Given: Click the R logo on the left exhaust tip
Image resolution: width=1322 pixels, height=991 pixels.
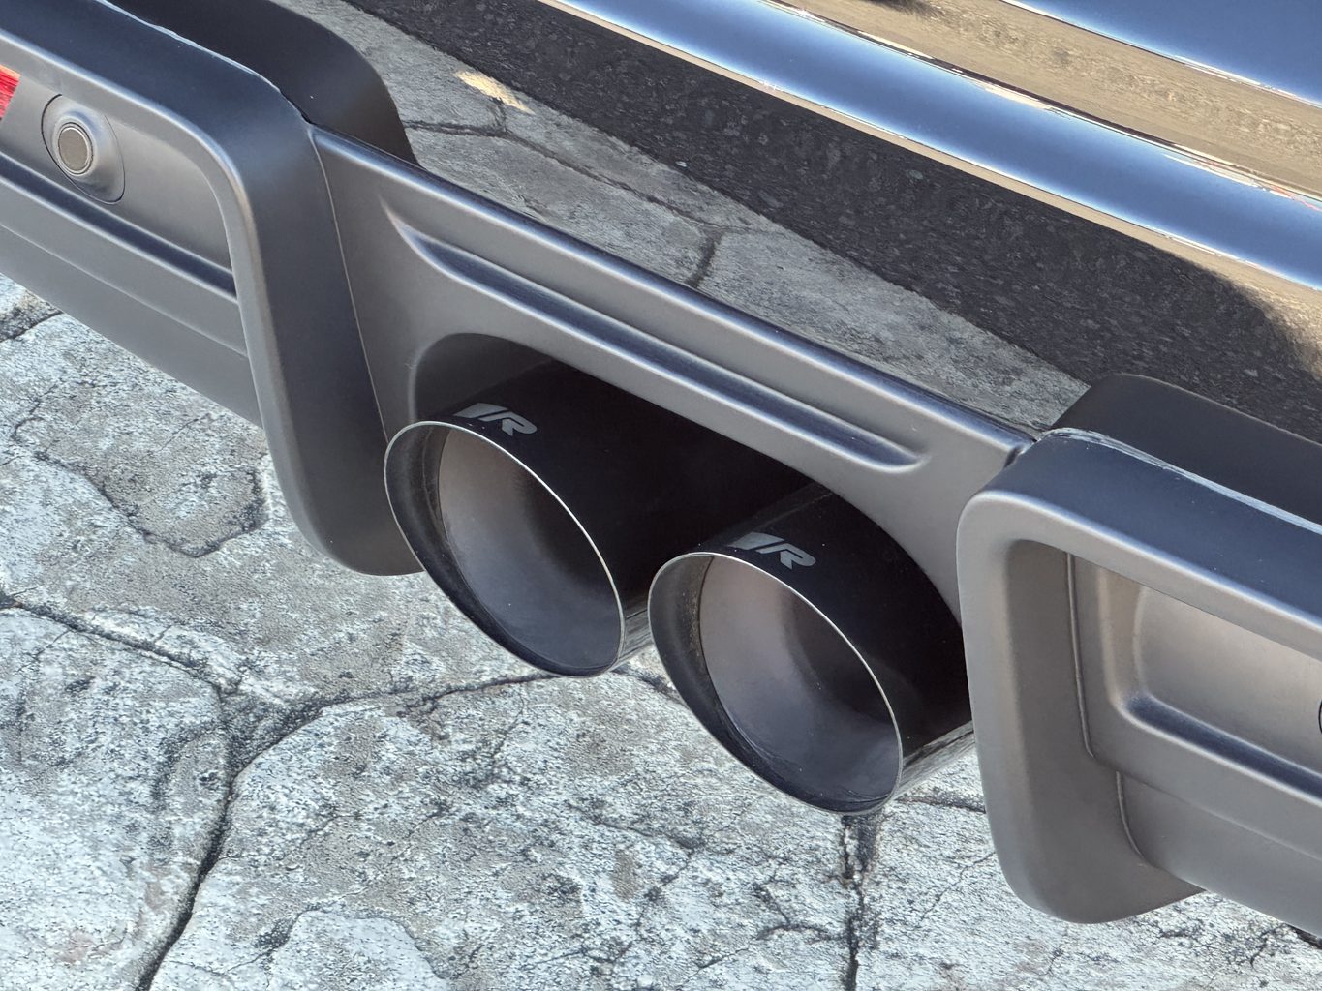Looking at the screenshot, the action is pos(495,417).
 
